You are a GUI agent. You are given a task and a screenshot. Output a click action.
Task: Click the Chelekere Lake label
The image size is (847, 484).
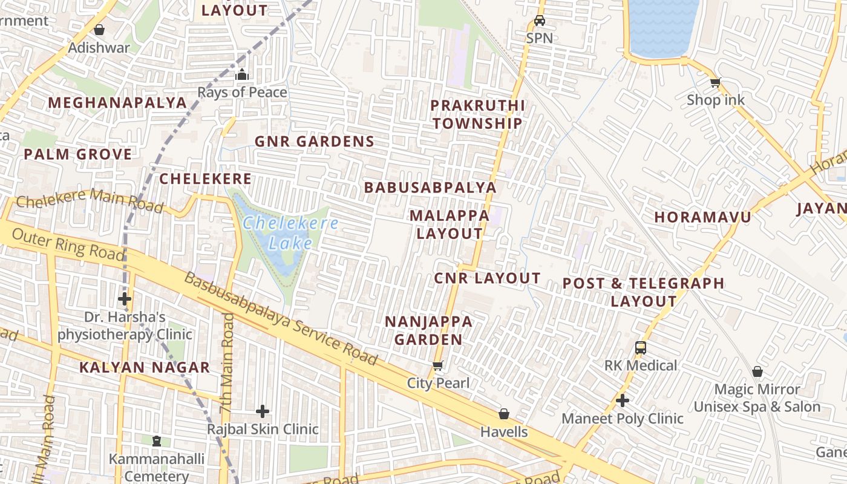[x=290, y=233]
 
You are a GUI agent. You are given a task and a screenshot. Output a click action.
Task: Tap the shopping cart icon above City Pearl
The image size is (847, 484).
[x=438, y=365]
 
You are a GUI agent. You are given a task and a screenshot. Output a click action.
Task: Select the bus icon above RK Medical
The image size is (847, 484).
[x=641, y=348]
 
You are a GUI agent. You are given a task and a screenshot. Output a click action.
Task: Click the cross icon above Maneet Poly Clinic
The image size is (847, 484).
[x=623, y=401]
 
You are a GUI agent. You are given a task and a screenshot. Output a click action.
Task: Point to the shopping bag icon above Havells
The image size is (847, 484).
[x=503, y=414]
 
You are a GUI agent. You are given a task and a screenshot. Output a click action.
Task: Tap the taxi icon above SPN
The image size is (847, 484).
[x=539, y=21]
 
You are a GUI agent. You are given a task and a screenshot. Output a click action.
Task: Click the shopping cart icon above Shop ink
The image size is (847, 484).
[x=715, y=82]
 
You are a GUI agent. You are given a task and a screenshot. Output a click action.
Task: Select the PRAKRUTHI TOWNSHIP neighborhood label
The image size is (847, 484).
[x=477, y=114]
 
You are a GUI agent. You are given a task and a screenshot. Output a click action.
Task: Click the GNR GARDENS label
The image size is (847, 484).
[x=314, y=142]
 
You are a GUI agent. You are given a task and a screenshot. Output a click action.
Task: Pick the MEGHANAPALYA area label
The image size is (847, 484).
[x=117, y=103]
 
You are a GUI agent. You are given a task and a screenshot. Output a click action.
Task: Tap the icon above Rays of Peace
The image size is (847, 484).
[x=242, y=75]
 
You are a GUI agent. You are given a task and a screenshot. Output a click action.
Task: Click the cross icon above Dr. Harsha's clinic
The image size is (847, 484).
[x=125, y=299]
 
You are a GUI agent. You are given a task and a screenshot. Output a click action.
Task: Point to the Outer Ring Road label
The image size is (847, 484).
[x=67, y=244]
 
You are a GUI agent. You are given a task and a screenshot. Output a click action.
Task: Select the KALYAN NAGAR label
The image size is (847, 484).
[x=145, y=367]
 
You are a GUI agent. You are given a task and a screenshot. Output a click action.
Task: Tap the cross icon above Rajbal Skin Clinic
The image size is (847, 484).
[x=263, y=411]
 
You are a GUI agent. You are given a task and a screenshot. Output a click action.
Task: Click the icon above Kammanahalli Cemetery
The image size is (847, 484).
[x=157, y=441]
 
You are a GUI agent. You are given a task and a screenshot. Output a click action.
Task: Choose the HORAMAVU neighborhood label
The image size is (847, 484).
[x=702, y=217]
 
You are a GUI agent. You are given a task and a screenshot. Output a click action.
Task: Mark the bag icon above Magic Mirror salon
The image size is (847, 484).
[x=757, y=371]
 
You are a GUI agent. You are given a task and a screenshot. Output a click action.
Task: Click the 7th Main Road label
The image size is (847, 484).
[x=227, y=363]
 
